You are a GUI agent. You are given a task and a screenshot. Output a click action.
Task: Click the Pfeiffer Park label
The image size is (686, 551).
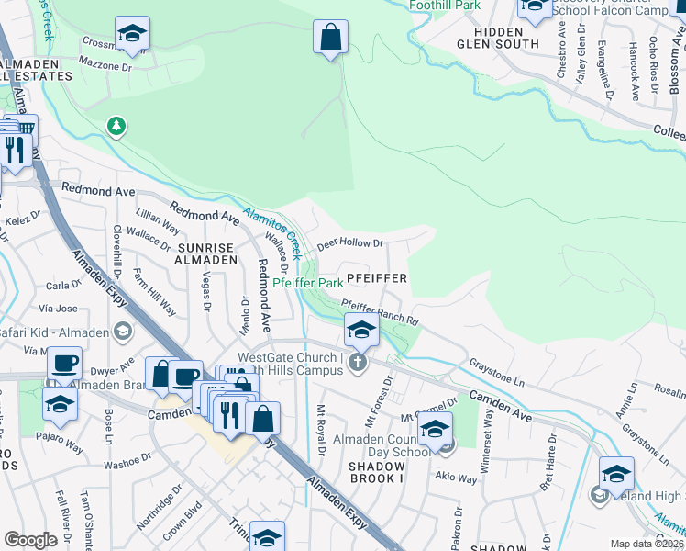pyautogui.click(x=308, y=284)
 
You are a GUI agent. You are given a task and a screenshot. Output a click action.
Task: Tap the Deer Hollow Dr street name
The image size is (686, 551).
pyautogui.click(x=349, y=245)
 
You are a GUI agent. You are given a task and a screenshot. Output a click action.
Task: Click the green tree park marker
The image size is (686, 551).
pyautogui.click(x=116, y=125)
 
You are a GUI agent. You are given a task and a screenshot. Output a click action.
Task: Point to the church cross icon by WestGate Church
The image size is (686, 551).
pyautogui.click(x=359, y=364)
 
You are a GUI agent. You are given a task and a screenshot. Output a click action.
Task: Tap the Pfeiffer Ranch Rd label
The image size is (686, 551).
pyautogui.click(x=380, y=312)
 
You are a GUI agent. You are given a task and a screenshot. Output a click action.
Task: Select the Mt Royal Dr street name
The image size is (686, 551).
pyautogui.click(x=321, y=430)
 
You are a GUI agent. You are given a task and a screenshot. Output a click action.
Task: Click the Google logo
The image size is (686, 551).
pyautogui.click(x=31, y=539)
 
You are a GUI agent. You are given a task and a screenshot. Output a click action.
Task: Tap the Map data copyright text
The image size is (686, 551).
pyautogui.click(x=647, y=544)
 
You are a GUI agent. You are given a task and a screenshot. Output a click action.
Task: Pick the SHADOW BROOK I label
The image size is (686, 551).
pyautogui.click(x=363, y=472)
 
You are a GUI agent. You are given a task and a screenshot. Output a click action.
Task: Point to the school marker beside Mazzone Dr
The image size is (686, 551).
pyautogui.click(x=133, y=35)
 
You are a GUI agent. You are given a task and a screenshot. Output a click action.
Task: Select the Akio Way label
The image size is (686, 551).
pyautogui.click(x=456, y=478)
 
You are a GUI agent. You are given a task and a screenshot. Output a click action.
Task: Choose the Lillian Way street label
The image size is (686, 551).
pyautogui.click(x=158, y=223)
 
